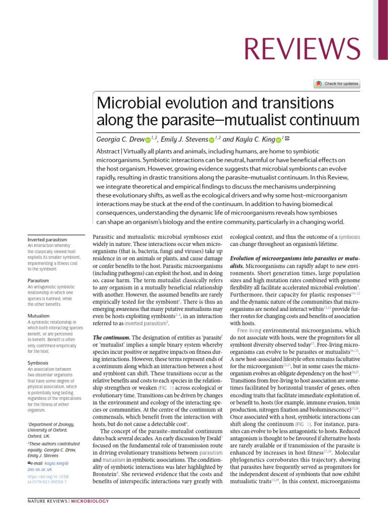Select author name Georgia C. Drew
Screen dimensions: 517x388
point(119,139)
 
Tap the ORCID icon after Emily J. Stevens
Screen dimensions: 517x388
point(212,140)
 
